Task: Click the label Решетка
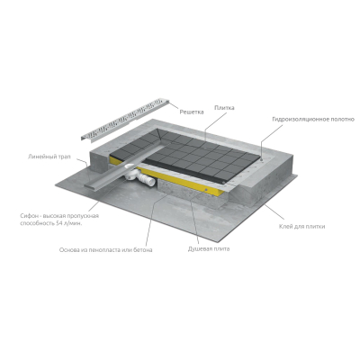click(x=192, y=112)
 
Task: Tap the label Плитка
click(x=224, y=108)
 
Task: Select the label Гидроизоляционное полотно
click(x=313, y=120)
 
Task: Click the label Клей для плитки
click(x=301, y=227)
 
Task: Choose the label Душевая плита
click(x=209, y=248)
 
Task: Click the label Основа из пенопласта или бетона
click(x=105, y=250)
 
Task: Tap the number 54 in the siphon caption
click(x=59, y=224)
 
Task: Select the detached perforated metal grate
click(x=125, y=120)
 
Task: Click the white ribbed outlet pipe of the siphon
click(x=148, y=179)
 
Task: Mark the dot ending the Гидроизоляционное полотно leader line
click(x=261, y=160)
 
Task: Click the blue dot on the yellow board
click(x=206, y=190)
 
